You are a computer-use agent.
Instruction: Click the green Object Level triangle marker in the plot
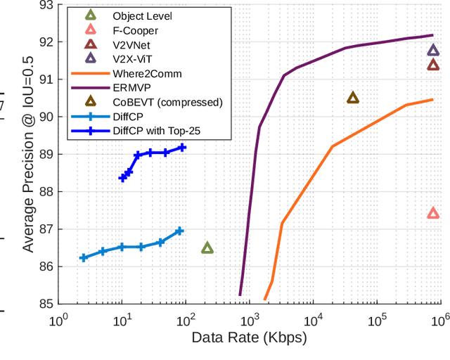[207, 247]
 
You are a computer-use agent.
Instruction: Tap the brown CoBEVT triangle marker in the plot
[353, 98]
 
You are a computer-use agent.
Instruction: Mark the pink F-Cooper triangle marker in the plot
[433, 213]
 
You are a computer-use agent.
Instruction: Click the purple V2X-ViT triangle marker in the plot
[433, 50]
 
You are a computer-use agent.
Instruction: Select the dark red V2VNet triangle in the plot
[433, 65]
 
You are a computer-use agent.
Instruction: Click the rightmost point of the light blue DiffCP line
[179, 231]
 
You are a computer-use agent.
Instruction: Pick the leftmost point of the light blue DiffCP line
[84, 258]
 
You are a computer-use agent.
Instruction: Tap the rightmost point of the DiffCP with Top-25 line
[182, 147]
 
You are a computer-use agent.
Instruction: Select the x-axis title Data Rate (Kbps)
[250, 338]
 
